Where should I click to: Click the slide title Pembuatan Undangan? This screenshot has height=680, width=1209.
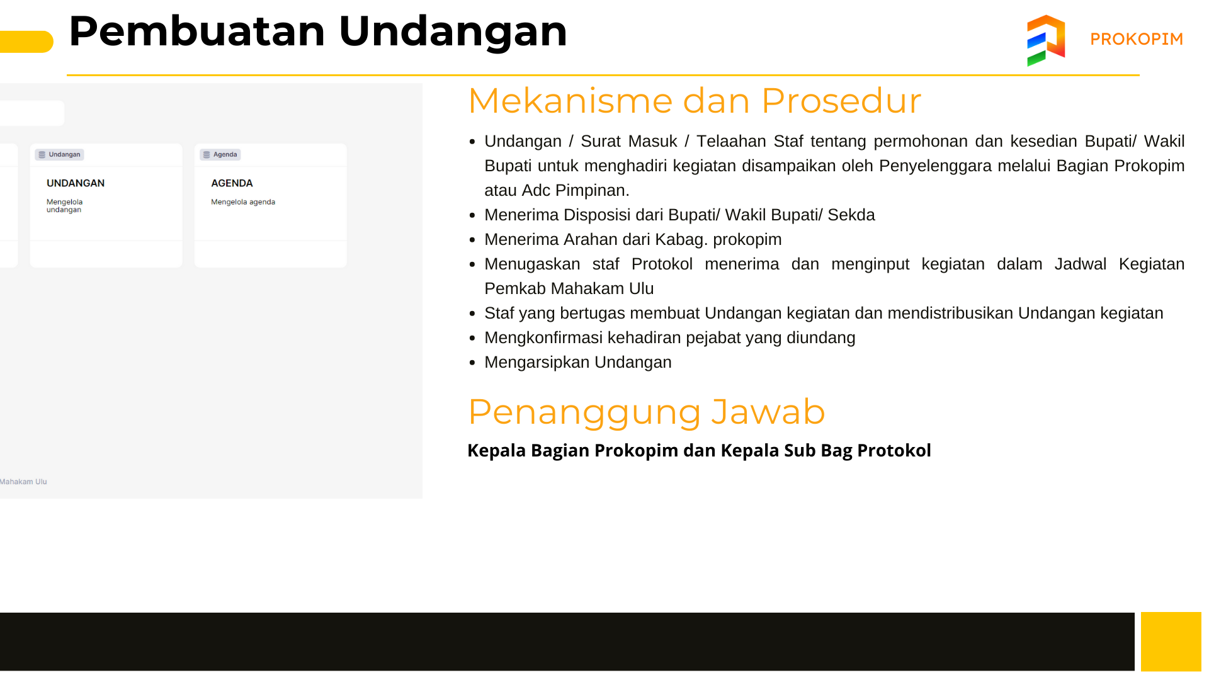(x=318, y=31)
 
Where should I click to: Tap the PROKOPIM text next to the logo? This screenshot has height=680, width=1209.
(x=1137, y=39)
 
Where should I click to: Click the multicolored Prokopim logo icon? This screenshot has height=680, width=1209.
(x=1046, y=40)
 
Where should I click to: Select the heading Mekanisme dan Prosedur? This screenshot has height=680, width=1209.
(x=695, y=101)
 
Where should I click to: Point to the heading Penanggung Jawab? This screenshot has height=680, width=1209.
(x=647, y=412)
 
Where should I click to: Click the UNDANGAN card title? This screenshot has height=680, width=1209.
(x=76, y=183)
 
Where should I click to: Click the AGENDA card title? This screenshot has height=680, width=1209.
(x=232, y=183)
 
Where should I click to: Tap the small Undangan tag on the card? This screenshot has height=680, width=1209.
(x=60, y=154)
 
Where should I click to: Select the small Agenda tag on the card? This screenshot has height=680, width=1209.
(x=220, y=154)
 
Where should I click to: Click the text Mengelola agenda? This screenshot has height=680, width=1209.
(x=243, y=202)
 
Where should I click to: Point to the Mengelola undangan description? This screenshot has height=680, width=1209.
(x=64, y=206)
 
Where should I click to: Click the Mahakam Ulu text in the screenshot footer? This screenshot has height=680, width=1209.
(x=23, y=482)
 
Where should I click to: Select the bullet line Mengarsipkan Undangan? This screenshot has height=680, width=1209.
(x=578, y=362)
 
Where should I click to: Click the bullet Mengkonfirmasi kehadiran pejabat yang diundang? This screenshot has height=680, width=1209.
(x=670, y=337)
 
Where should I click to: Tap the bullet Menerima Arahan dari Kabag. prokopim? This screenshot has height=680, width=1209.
(x=633, y=239)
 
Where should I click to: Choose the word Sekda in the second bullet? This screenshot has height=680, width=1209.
(x=851, y=215)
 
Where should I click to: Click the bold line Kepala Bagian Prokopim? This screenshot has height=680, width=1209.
(x=699, y=450)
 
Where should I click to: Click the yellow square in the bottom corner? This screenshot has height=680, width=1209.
(x=1171, y=642)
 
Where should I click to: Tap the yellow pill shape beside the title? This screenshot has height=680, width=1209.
(x=26, y=42)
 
